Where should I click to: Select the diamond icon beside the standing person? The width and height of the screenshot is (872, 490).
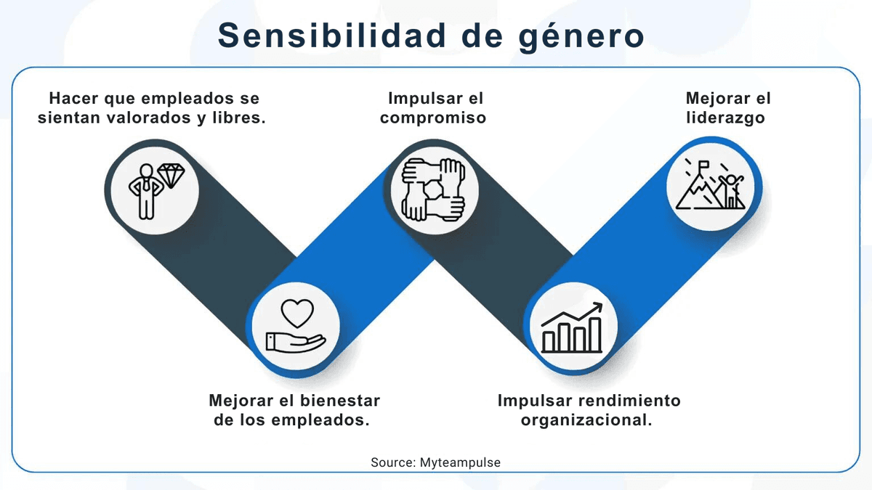[171, 176]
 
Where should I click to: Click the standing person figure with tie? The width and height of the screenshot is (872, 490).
[146, 190]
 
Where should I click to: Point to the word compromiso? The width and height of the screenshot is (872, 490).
[433, 117]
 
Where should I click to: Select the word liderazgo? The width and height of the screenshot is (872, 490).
[725, 117]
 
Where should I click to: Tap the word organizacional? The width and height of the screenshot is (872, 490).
[586, 420]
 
